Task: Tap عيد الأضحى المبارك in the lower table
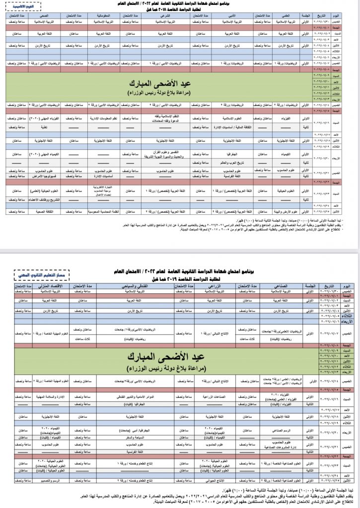tap(180, 356)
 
